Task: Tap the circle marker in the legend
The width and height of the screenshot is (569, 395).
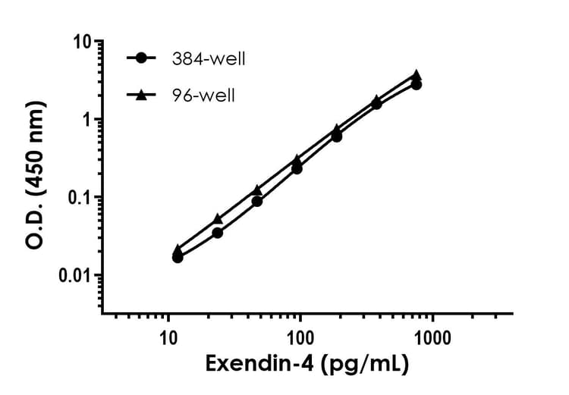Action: [x=141, y=58]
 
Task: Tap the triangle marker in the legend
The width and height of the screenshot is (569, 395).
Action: [x=141, y=95]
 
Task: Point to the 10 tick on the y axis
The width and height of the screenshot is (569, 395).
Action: [x=80, y=42]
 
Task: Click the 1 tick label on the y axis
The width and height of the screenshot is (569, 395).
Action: [x=86, y=120]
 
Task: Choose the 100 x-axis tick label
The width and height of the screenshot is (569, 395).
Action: [x=300, y=335]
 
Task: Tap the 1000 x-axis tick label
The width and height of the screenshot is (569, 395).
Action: [x=432, y=335]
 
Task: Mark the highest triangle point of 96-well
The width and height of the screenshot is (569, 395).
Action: [x=416, y=75]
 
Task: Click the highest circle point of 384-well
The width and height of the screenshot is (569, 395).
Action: [x=416, y=84]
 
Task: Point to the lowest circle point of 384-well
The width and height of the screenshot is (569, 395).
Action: [x=178, y=258]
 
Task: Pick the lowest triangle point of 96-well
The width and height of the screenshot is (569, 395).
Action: [x=178, y=249]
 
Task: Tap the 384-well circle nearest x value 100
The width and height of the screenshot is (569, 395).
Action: [x=297, y=168]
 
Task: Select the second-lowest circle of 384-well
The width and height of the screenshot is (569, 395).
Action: [x=218, y=233]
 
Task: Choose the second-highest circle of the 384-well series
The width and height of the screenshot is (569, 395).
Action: [x=376, y=104]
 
